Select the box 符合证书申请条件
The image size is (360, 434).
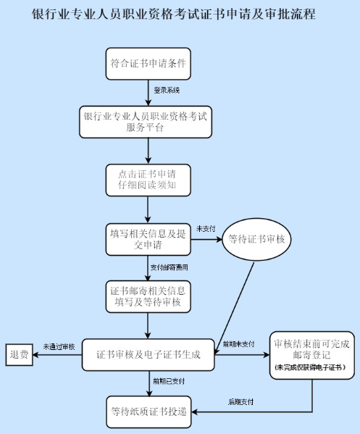coord(148,63)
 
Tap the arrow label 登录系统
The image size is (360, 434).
coord(167,91)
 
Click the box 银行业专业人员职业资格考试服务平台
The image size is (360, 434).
coord(148,121)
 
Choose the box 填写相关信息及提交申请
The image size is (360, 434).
coord(148,239)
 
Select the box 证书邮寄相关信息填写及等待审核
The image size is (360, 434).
coord(148,296)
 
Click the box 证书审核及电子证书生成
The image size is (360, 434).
coord(148,355)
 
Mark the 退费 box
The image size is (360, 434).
coord(20,355)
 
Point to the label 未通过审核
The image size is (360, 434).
coord(59,347)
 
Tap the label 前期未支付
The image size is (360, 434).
coord(238,343)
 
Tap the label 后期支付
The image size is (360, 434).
coord(240,401)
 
